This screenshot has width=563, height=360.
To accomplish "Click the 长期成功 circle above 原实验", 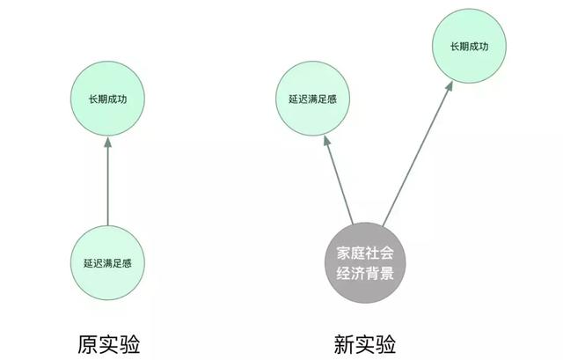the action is pyautogui.click(x=107, y=99).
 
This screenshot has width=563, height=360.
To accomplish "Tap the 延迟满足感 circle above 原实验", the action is pyautogui.click(x=107, y=263).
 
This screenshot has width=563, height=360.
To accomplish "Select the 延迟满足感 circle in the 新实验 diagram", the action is pyautogui.click(x=313, y=99).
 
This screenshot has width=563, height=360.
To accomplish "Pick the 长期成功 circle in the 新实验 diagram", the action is pyautogui.click(x=469, y=46).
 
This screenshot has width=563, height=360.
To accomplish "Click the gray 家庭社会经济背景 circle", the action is pyautogui.click(x=365, y=263).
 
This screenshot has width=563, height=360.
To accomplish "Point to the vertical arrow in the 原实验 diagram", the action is pyautogui.click(x=107, y=181).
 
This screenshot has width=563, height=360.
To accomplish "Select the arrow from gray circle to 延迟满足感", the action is pyautogui.click(x=338, y=180).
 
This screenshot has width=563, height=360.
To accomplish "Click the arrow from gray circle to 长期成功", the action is pyautogui.click(x=417, y=154).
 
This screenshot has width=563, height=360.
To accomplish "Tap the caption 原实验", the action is pyautogui.click(x=109, y=344).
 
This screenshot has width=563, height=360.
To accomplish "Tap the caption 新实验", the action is pyautogui.click(x=365, y=344).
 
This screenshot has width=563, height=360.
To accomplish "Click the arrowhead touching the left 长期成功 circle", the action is pyautogui.click(x=107, y=142).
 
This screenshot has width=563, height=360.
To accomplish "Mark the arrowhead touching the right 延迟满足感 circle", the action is pyautogui.click(x=326, y=141).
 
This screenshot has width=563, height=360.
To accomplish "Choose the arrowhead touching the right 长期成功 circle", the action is pyautogui.click(x=449, y=86).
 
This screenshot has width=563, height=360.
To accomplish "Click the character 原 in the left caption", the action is pyautogui.click(x=88, y=344).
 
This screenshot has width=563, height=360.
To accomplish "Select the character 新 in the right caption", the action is pyautogui.click(x=344, y=344).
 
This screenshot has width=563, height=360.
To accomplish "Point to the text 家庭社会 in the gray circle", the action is pyautogui.click(x=365, y=253).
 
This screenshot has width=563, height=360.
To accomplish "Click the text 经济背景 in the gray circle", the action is pyautogui.click(x=365, y=273).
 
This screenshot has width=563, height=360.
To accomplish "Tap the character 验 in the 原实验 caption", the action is pyautogui.click(x=129, y=344).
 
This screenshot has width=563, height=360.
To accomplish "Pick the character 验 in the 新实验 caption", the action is pyautogui.click(x=385, y=344).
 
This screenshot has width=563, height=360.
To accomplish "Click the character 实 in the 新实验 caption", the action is pyautogui.click(x=365, y=344).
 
